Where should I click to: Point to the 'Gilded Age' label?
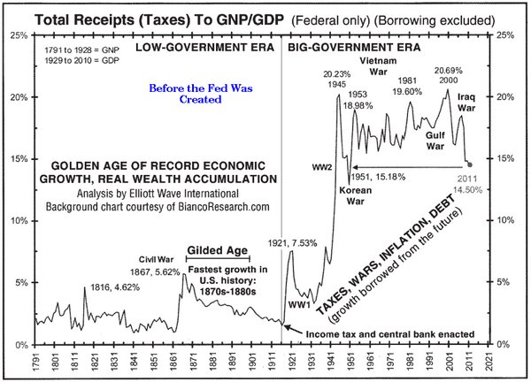click(x=217, y=250)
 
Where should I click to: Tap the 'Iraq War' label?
click(x=467, y=102)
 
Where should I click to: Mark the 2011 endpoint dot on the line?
click(x=470, y=164)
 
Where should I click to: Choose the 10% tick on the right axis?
click(x=506, y=220)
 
